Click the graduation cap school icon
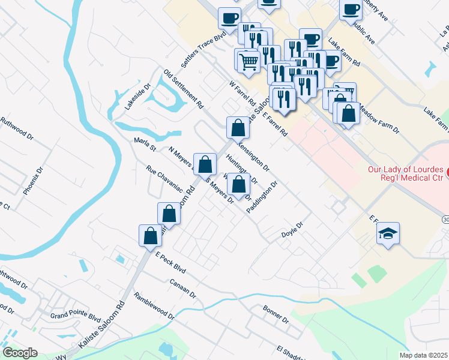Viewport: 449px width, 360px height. (x=388, y=234)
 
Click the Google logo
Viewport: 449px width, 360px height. (x=20, y=353)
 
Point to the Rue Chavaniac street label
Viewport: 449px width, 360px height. (x=164, y=178)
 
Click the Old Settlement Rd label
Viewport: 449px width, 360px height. (x=184, y=89)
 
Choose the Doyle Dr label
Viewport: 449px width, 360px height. (x=294, y=230)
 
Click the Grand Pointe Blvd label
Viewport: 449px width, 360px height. (x=75, y=315)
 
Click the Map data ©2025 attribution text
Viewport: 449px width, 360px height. (x=424, y=355)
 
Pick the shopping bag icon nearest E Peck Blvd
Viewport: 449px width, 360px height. (x=150, y=235)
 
